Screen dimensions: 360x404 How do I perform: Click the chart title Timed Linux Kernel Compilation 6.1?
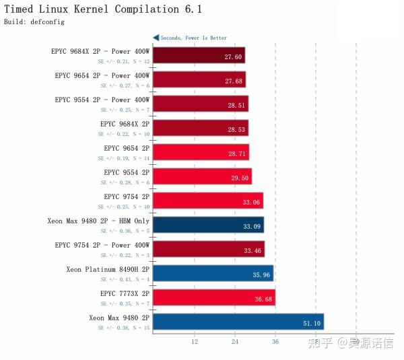103,9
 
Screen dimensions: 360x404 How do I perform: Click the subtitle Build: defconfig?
34,22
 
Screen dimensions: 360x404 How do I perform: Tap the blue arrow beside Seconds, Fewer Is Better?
156,38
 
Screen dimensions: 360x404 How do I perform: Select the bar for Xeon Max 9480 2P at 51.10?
238,321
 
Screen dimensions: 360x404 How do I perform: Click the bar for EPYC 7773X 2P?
213,297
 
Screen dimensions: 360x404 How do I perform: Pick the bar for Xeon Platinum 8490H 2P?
213,273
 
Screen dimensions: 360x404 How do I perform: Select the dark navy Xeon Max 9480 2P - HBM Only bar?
208,224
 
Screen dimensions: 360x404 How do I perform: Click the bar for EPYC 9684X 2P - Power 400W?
199,55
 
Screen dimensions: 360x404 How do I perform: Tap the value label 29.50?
240,179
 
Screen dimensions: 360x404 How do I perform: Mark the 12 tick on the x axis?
195,342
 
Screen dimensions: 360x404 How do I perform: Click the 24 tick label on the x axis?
235,342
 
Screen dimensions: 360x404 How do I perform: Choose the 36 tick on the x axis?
275,342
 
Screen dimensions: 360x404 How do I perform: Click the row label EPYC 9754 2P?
126,196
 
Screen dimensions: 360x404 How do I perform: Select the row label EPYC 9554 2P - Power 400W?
102,100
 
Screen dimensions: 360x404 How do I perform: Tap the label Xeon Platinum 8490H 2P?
108,269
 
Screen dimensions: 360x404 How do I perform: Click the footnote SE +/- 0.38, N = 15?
124,328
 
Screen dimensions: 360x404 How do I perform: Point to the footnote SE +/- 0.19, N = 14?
124,158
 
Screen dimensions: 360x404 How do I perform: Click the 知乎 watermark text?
320,343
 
